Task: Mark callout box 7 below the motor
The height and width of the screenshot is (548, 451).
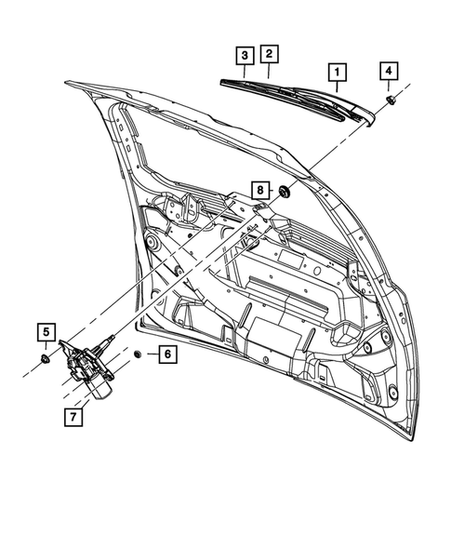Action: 73,418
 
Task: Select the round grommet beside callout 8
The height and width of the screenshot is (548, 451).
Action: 284,193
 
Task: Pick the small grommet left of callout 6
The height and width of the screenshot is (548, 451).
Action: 138,354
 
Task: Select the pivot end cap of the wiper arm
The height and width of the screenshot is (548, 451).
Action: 371,116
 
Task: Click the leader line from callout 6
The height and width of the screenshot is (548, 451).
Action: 150,354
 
